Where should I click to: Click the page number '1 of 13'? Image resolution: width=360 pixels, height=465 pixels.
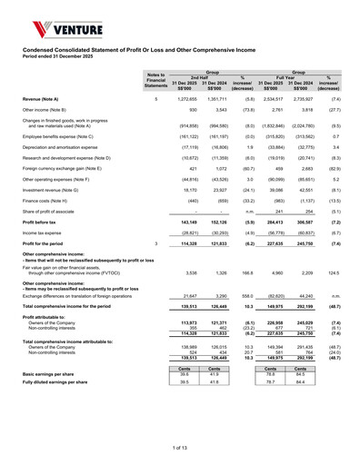pyautogui.click(x=180, y=446)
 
